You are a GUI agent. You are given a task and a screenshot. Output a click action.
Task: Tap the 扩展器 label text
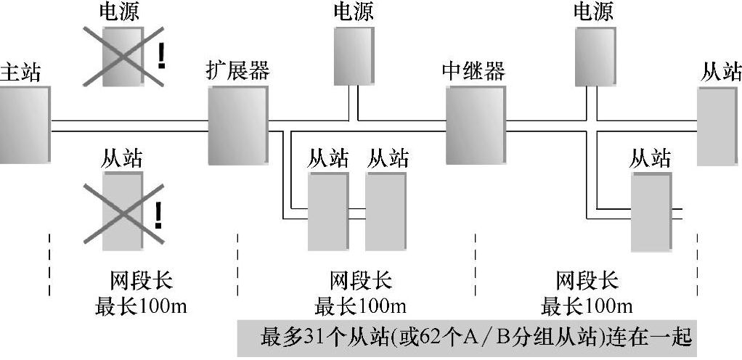238,71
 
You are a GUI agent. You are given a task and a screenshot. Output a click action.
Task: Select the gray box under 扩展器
238,124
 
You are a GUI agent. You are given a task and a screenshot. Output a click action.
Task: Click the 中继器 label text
473,71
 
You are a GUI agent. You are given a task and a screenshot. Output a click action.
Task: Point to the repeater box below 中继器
474,124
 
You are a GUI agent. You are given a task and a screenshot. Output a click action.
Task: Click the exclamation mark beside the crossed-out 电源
161,57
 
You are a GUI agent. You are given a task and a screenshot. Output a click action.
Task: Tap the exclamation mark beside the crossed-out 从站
158,216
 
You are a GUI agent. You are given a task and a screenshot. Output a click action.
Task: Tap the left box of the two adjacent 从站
328,210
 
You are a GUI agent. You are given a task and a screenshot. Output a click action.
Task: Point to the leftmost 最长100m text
142,305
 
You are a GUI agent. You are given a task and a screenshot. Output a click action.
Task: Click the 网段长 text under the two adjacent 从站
361,280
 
